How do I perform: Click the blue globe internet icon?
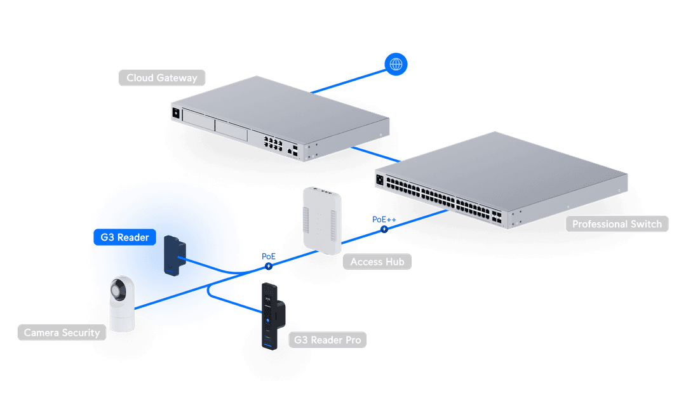396,63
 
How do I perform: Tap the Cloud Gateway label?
162,78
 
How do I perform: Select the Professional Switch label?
617,224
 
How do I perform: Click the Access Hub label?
377,262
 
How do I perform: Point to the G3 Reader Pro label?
327,340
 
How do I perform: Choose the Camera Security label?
62,333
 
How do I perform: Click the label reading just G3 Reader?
124,237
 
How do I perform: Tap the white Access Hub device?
322,219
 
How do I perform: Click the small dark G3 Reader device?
173,255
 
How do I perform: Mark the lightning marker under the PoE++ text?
384,228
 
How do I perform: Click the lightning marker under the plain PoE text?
269,267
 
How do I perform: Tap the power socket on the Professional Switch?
380,179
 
